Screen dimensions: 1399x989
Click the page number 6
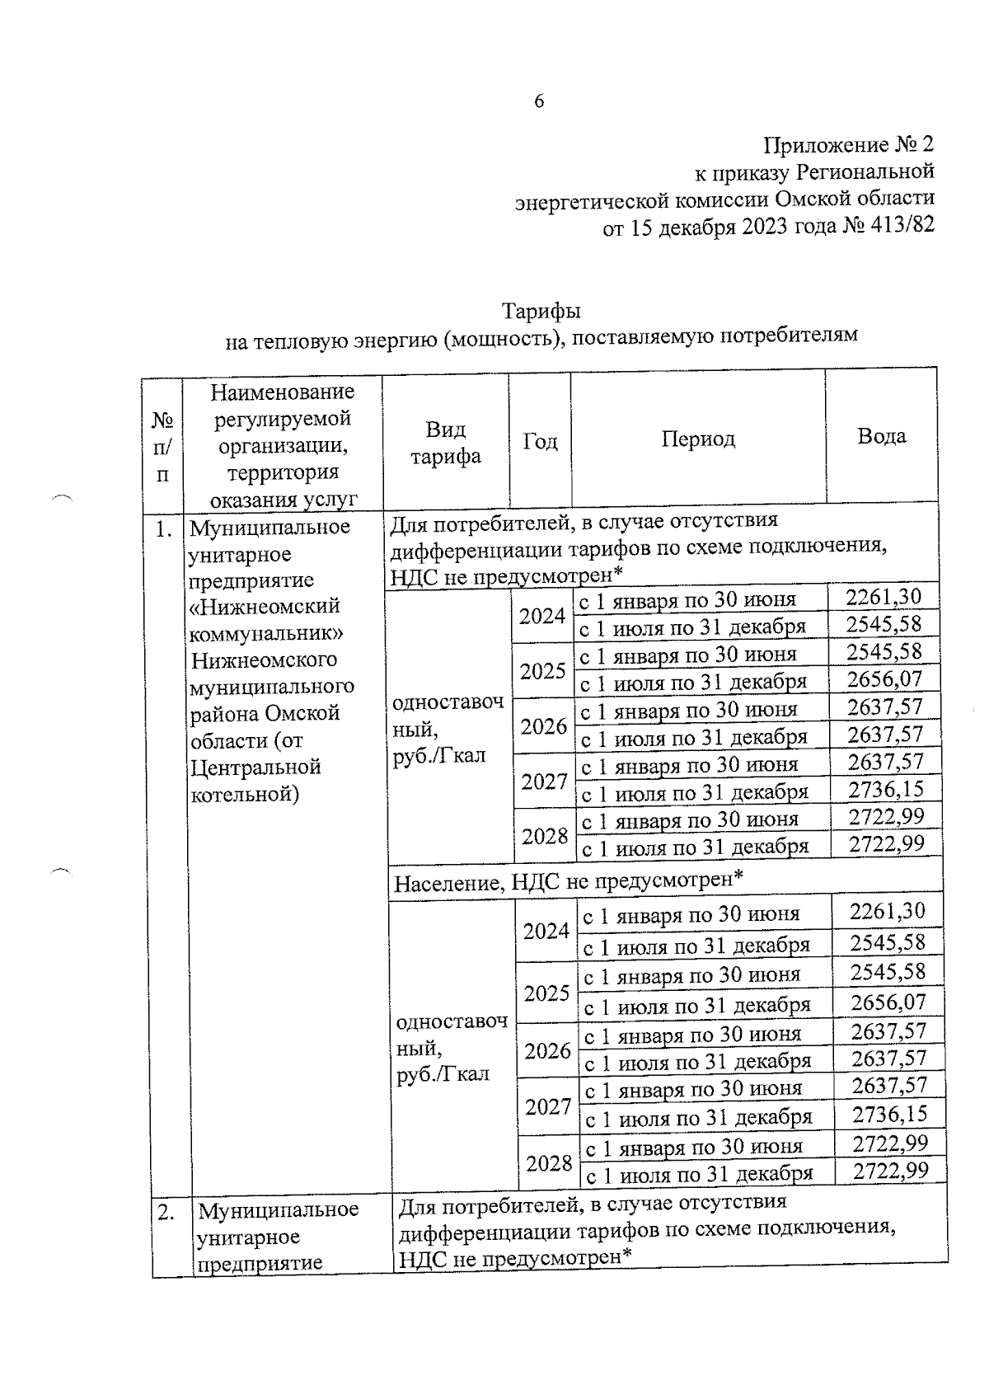click(x=539, y=101)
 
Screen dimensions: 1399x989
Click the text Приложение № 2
click(x=849, y=145)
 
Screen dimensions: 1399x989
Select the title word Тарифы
click(x=541, y=312)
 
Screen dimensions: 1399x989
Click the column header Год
click(x=540, y=442)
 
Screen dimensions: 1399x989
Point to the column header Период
click(x=697, y=439)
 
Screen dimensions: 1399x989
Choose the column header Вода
click(x=881, y=436)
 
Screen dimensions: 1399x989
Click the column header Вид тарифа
click(x=446, y=443)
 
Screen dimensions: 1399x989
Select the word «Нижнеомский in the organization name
click(x=265, y=608)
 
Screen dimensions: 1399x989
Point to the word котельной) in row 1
click(x=245, y=795)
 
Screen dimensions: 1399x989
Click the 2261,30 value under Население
click(x=887, y=912)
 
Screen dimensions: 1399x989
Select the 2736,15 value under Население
click(x=889, y=1115)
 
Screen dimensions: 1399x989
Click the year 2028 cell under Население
click(x=549, y=1162)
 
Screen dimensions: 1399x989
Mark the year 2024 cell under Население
click(x=546, y=931)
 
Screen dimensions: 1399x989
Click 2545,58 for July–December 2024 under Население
click(x=888, y=942)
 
